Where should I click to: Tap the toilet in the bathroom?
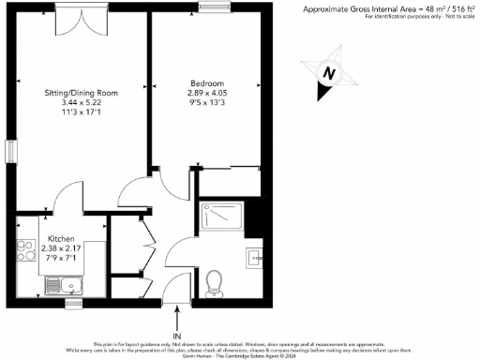pyautogui.click(x=214, y=279)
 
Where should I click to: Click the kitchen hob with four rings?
pyautogui.click(x=25, y=250)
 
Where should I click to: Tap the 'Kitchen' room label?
pyautogui.click(x=62, y=239)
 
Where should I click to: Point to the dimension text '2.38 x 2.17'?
pyautogui.click(x=64, y=249)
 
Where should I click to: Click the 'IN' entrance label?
pyautogui.click(x=176, y=335)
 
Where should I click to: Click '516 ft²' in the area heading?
pyautogui.click(x=457, y=7)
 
